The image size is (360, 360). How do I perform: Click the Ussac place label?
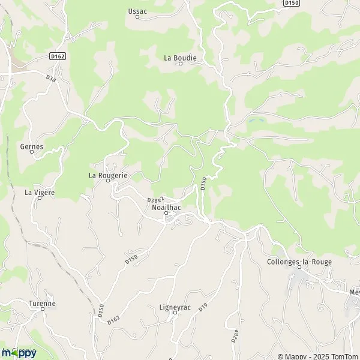click(x=137, y=11)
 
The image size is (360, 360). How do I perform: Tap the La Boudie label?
click(x=180, y=58)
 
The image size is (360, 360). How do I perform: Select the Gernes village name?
click(x=32, y=146)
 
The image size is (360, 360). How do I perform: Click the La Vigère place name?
click(x=39, y=193)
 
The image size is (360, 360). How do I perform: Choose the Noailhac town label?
click(x=166, y=207)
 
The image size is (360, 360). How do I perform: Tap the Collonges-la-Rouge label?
click(x=299, y=262)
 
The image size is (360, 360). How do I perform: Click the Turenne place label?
click(x=42, y=304)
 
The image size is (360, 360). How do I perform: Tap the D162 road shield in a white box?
click(x=57, y=56)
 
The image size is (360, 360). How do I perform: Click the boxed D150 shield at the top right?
click(x=292, y=4)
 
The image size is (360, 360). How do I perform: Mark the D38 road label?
click(x=50, y=78)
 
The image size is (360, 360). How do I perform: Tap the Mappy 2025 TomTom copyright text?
click(x=317, y=355)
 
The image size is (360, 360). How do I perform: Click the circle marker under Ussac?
click(x=137, y=17)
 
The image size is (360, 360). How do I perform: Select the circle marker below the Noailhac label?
click(x=167, y=212)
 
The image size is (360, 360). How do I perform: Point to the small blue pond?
click(x=255, y=122)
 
